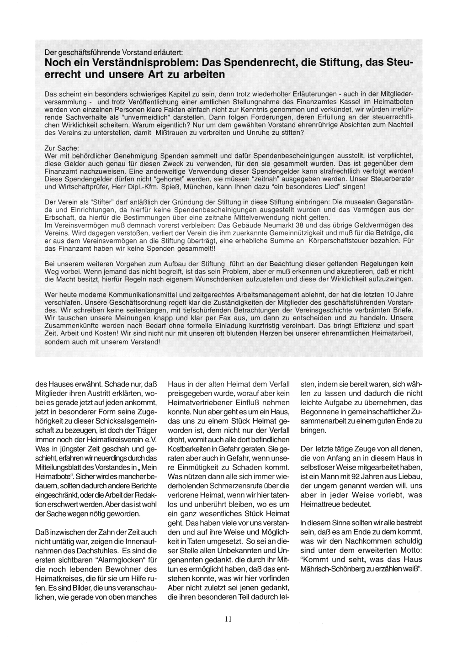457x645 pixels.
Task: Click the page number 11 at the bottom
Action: (228, 620)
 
